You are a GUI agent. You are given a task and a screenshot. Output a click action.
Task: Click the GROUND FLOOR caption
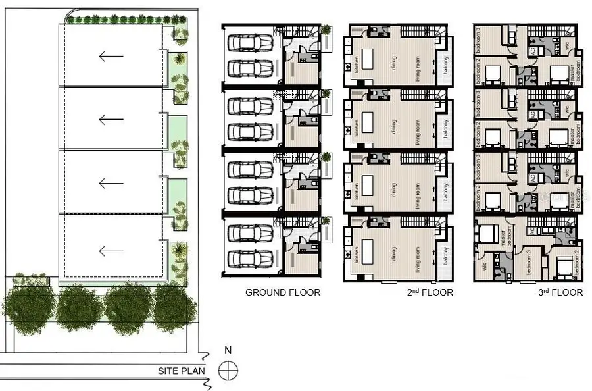point(283,292)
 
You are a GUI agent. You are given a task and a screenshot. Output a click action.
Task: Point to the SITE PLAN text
point(182,371)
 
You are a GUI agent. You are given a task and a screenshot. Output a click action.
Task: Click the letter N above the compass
point(228,351)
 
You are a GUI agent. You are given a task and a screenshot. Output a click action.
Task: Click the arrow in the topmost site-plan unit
point(111,55)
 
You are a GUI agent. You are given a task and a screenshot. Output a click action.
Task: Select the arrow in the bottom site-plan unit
point(111,250)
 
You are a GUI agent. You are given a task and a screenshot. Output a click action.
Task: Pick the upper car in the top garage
point(250,43)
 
